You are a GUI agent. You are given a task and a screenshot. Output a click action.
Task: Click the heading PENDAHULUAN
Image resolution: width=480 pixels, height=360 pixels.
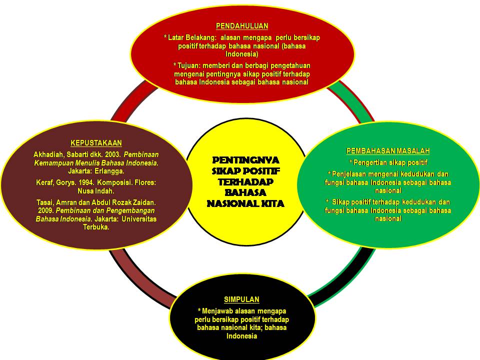click(242, 26)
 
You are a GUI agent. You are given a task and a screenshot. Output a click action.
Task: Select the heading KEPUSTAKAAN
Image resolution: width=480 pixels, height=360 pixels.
click(96, 143)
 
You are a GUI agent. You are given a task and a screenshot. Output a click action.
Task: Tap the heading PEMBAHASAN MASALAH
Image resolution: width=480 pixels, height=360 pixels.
click(388, 151)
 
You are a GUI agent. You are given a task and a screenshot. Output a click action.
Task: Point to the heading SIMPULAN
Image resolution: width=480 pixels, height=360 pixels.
click(241, 299)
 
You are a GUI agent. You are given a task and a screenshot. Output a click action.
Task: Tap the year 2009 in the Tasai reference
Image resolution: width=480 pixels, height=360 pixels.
click(45, 211)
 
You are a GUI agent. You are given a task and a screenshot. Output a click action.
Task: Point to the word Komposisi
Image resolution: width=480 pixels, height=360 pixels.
click(117, 183)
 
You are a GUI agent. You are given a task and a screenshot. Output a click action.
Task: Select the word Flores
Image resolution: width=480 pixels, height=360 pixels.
click(145, 183)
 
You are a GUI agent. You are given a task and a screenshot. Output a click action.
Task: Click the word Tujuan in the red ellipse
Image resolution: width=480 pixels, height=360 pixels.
click(188, 65)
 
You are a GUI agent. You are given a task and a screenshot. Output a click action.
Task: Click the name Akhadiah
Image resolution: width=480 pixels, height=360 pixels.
click(48, 154)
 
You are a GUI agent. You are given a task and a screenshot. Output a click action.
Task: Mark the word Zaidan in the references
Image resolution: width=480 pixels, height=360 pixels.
click(145, 202)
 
